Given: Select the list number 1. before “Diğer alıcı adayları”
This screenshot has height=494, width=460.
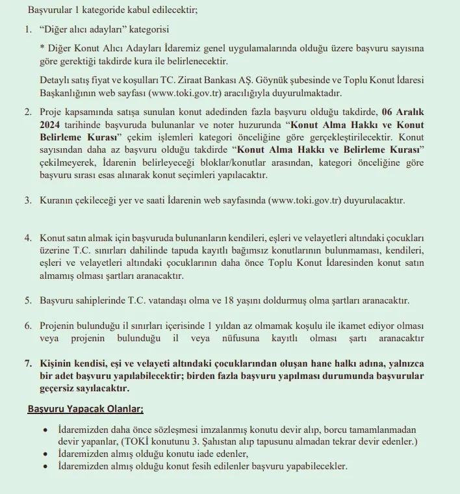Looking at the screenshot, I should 28,30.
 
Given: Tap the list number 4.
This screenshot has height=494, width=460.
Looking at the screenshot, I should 28,238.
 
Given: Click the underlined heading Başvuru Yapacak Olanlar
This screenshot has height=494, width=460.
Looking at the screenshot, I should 86,409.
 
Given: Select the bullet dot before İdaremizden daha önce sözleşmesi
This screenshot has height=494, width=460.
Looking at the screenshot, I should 44,431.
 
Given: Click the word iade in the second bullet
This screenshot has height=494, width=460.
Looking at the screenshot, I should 183,454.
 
